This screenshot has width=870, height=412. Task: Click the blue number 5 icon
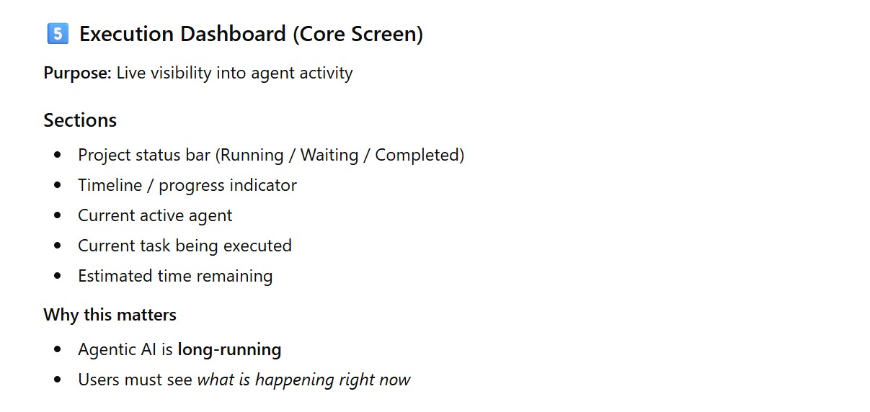[58, 34]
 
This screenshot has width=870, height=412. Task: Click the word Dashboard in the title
[233, 34]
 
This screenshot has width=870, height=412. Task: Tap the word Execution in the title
[127, 34]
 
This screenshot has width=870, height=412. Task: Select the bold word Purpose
[78, 73]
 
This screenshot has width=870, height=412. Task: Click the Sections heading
[80, 120]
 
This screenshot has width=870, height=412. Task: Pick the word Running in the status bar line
[252, 155]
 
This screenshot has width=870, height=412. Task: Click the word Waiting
[329, 155]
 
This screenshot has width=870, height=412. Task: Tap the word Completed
[417, 155]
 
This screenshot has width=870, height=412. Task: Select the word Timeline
[110, 185]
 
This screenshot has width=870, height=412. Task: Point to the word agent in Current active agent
[210, 216]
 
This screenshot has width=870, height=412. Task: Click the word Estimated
[115, 276]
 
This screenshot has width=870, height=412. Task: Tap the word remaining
[234, 276]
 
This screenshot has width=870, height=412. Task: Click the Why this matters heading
[110, 315]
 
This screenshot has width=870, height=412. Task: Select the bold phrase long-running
[229, 350]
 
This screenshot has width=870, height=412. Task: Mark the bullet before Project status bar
[58, 155]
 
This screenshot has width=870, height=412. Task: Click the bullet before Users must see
[58, 380]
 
